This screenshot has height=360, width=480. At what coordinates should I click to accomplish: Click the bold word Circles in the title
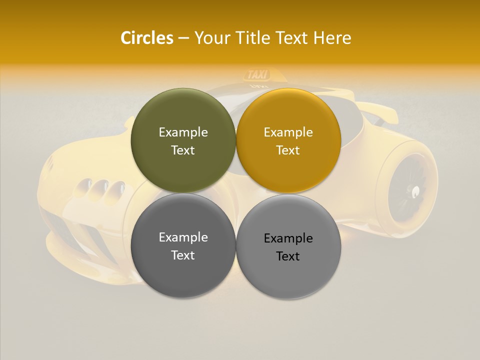tap(147, 38)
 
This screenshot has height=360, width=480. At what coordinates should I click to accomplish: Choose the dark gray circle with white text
tap(183, 275)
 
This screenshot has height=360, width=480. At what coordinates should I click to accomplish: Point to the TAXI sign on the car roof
tap(258, 75)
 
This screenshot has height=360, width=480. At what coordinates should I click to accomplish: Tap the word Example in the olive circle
tap(183, 132)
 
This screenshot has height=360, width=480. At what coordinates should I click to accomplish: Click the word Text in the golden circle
tap(288, 150)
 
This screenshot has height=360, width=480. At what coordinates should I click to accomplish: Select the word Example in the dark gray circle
tap(183, 237)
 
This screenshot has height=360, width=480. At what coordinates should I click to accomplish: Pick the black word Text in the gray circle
tap(288, 256)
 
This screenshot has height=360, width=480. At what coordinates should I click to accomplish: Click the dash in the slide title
tap(183, 38)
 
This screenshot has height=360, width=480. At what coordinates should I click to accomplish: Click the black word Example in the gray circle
tap(288, 238)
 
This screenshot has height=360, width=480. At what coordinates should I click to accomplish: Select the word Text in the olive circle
tap(183, 150)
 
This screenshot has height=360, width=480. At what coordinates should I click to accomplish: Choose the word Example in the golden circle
tap(288, 132)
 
